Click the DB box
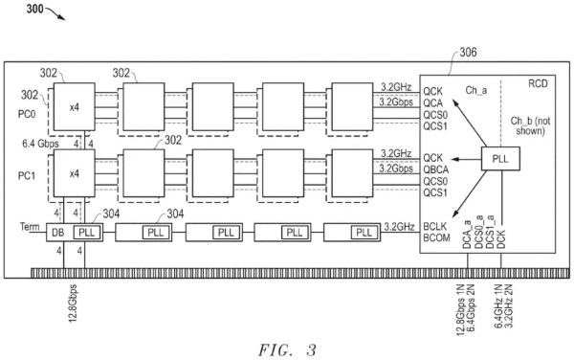(x=56, y=233)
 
